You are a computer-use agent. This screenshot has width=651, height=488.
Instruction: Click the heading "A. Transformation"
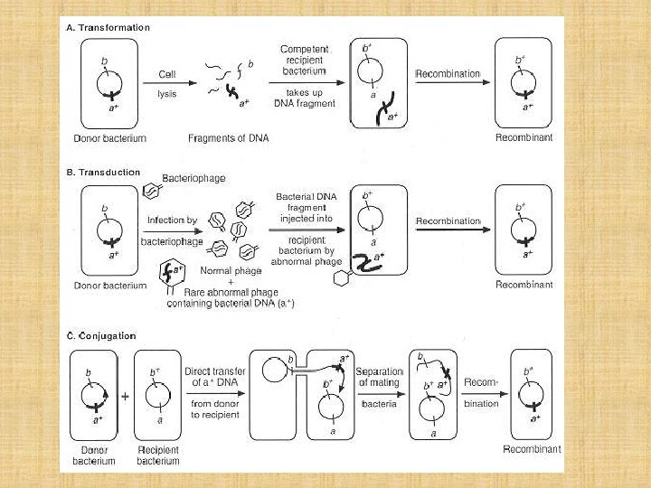tap(108, 28)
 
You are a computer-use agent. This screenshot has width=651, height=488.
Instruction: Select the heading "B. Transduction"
tap(104, 173)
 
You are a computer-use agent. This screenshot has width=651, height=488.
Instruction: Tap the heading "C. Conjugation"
tap(101, 336)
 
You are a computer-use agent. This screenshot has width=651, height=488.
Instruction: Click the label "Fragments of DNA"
tap(228, 138)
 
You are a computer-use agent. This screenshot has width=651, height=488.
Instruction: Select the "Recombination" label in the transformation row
tap(448, 74)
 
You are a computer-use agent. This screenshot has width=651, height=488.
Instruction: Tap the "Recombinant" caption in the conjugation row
tap(532, 448)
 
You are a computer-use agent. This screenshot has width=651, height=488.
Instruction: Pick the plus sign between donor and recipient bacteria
tap(125, 396)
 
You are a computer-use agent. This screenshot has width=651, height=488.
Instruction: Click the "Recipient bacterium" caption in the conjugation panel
tap(158, 455)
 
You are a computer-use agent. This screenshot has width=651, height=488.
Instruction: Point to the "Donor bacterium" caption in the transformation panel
tap(109, 138)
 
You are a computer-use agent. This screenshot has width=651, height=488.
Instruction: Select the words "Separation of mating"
tap(380, 378)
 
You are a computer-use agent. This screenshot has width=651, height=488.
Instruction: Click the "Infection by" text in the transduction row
tap(172, 220)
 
